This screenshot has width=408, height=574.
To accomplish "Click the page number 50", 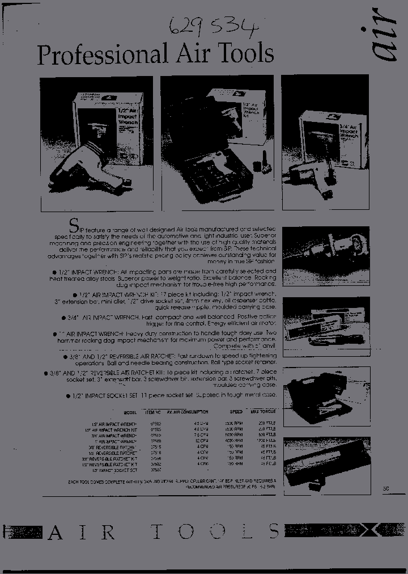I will click(x=386, y=487).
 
